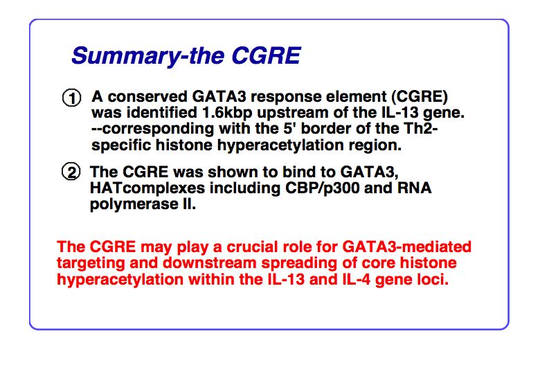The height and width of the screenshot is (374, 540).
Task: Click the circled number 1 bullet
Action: pyautogui.click(x=71, y=98)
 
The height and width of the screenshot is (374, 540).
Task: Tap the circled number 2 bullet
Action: pyautogui.click(x=71, y=172)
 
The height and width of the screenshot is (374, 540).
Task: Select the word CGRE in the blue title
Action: pyautogui.click(x=267, y=55)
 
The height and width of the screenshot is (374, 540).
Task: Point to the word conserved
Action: pyautogui.click(x=147, y=97)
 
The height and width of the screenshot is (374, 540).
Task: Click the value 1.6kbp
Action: pyautogui.click(x=227, y=114)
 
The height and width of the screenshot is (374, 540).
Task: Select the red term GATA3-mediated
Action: pyautogui.click(x=406, y=247)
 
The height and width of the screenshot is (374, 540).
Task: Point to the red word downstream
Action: pyautogui.click(x=209, y=263)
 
